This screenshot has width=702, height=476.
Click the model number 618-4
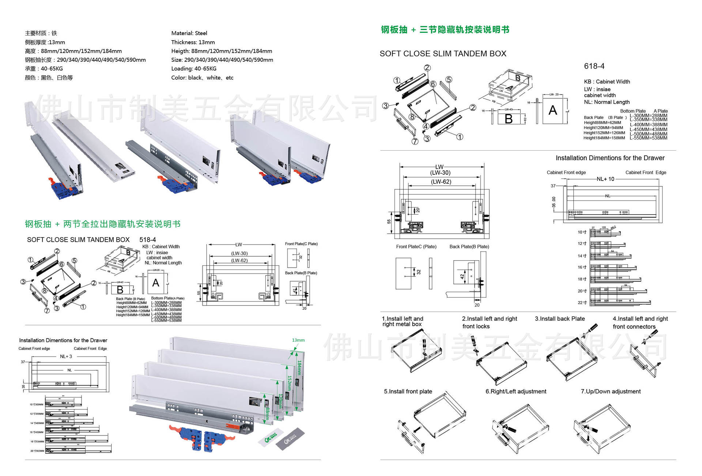[594, 66]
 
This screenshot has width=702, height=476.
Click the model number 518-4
[147, 240]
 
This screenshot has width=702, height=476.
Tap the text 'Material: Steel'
[189, 33]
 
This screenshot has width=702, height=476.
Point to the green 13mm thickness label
[298, 340]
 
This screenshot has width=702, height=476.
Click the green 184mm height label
[299, 367]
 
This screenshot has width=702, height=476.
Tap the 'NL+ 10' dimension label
[605, 179]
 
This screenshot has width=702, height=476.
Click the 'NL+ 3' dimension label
[66, 356]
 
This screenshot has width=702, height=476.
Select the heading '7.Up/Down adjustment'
[611, 392]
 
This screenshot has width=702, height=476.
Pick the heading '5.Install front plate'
[408, 392]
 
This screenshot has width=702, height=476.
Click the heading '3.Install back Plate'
[560, 319]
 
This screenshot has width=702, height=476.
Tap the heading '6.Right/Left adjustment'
[516, 392]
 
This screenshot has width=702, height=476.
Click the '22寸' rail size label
[582, 303]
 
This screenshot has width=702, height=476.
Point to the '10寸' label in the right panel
[582, 232]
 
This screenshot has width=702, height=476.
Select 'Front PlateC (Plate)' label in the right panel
[416, 247]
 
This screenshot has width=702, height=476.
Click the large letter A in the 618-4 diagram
[553, 110]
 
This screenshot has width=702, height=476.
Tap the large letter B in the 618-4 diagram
[509, 119]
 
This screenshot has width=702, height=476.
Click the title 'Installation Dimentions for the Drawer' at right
[610, 158]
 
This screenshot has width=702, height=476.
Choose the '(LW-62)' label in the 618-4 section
[441, 182]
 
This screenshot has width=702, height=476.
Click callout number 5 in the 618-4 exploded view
[449, 80]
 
